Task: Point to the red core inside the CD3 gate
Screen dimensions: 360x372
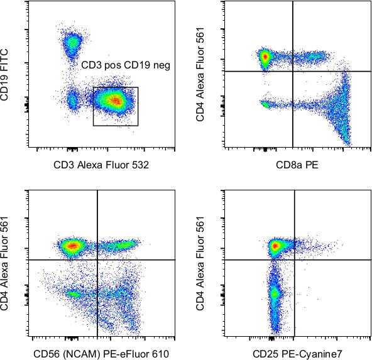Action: [115, 100]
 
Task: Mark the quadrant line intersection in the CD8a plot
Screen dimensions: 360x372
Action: [293, 71]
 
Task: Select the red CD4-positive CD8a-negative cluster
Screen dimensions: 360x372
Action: [265, 57]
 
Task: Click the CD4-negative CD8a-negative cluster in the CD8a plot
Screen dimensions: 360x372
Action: [266, 104]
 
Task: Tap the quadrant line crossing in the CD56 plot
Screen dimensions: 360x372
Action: [97, 259]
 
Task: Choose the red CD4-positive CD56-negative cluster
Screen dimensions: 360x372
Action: [72, 245]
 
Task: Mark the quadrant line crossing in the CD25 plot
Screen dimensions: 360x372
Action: [295, 259]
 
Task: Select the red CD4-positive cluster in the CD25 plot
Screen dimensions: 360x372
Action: [274, 246]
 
